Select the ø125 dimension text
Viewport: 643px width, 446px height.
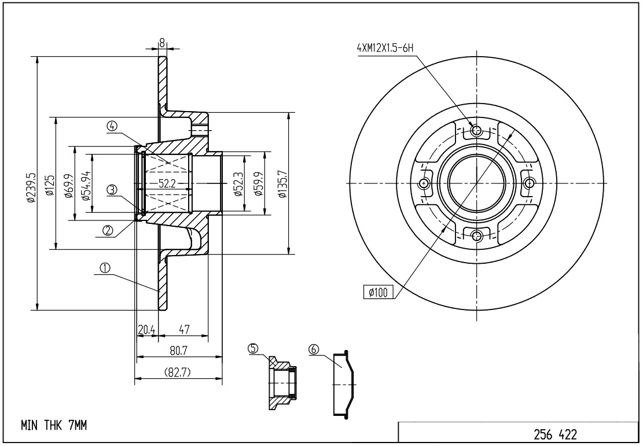[x=49, y=185]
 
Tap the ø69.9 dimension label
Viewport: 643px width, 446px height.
[x=68, y=185]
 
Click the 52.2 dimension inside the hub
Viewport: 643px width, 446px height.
[x=167, y=184]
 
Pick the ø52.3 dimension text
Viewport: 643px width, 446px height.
[x=238, y=185]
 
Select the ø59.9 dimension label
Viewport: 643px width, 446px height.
[x=259, y=185]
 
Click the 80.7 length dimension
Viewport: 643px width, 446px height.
[x=178, y=351]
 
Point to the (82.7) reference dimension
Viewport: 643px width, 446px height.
[x=178, y=373]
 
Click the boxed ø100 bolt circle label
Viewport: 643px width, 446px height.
[x=378, y=292]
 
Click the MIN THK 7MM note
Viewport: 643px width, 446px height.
[x=54, y=426]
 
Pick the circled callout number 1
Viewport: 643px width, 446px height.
[x=105, y=268]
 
